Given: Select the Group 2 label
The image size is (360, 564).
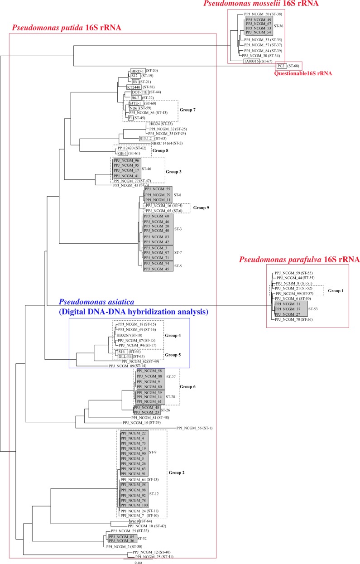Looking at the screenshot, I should coord(177,472).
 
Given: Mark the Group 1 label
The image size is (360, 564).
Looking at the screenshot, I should coord(336,290).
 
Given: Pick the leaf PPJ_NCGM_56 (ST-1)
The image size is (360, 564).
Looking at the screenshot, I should coord(194,428).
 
